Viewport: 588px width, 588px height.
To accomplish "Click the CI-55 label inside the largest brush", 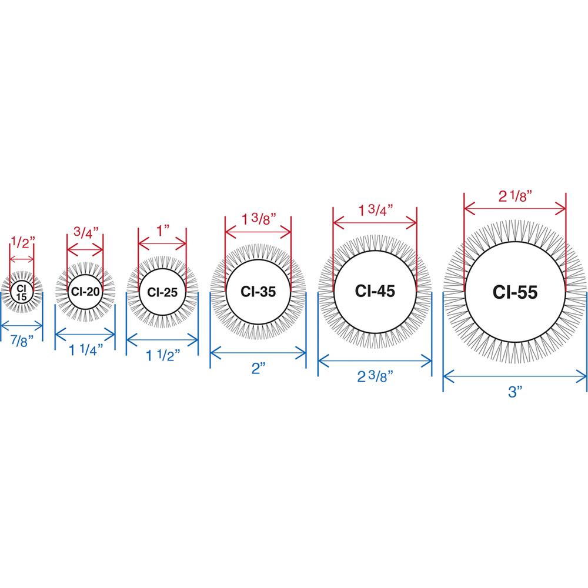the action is [515, 292].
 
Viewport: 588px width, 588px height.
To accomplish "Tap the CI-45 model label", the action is [375, 291].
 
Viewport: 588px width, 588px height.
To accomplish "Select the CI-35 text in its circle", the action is [258, 292].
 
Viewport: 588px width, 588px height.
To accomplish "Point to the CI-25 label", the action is [162, 292].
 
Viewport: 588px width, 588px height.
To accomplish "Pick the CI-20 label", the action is [85, 292].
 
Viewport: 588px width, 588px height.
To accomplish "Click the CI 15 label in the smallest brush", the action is [21, 293].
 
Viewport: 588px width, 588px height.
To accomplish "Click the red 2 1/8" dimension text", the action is [515, 196].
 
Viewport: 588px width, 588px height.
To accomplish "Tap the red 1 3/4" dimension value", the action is [375, 210].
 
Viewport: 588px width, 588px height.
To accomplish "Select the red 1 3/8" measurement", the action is [258, 219].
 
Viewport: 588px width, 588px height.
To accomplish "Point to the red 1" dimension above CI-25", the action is [163, 231].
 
